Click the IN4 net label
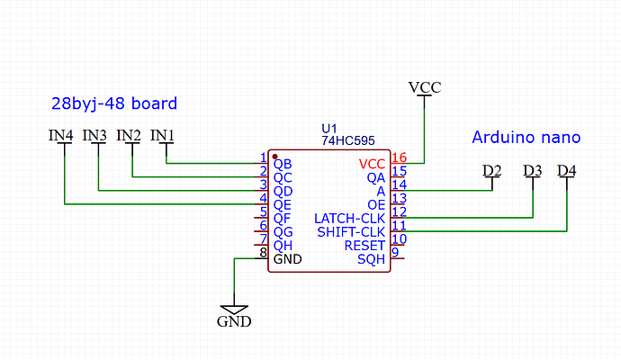[61, 136]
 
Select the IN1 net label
[163, 136]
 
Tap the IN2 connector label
[130, 136]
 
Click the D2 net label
[491, 170]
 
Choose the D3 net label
[532, 170]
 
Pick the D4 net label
[567, 170]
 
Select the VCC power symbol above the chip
[425, 87]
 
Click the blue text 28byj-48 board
[113, 103]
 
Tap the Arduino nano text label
[526, 138]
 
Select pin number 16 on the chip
[399, 157]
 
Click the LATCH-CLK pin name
[349, 219]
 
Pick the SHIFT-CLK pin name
[351, 232]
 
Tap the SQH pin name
[371, 259]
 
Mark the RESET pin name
[364, 246]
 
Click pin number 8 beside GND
[263, 253]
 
